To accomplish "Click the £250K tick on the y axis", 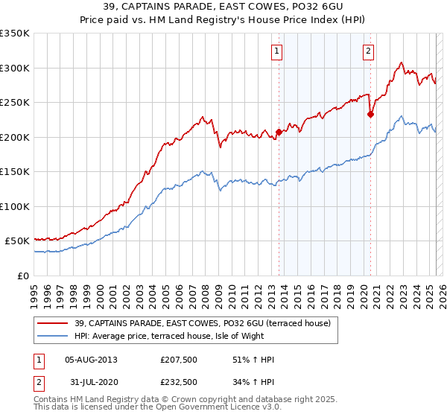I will point(15,103).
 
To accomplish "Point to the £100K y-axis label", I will point(15,206).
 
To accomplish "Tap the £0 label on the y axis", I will point(22,276).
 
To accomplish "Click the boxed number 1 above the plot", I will point(276,51).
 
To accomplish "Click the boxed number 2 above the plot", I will point(369,51).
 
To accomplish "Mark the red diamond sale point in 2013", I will point(279,133).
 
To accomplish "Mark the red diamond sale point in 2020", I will point(370,115).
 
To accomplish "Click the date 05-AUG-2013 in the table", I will point(91,360).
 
